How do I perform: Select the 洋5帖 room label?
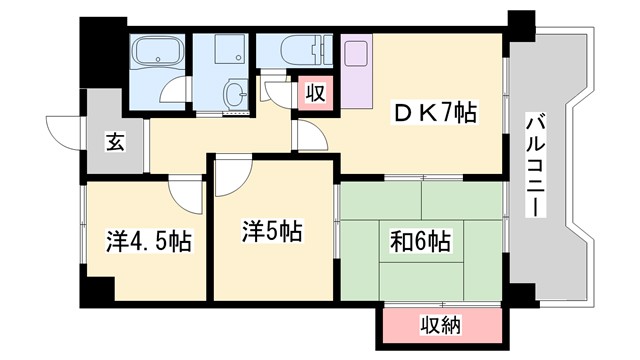point(271,233)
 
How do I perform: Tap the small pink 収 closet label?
point(313,95)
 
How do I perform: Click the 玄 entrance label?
point(117,142)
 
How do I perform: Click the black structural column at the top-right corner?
point(519,24)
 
